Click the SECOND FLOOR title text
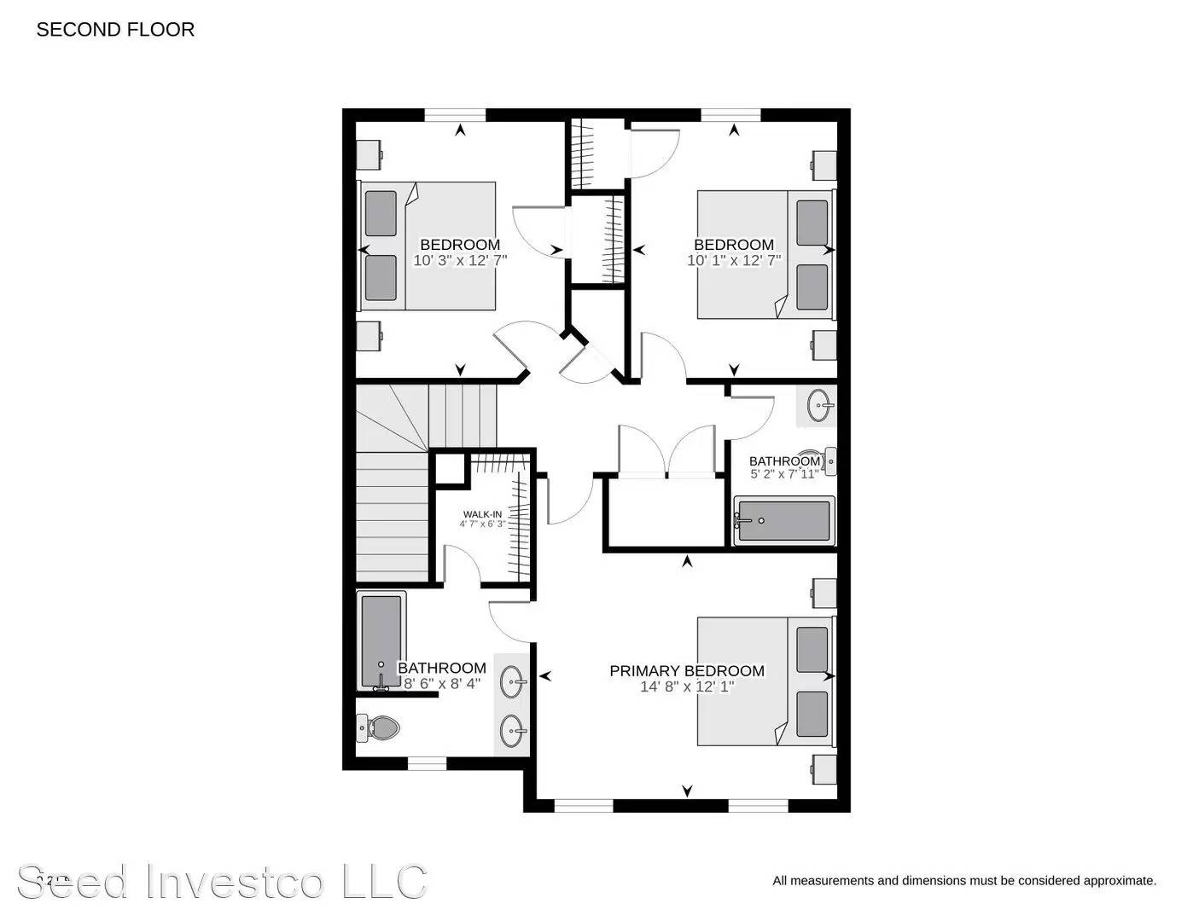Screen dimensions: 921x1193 [x=115, y=30]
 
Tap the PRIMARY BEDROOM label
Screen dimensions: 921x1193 [x=686, y=671]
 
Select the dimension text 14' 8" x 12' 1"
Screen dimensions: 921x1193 [x=686, y=686]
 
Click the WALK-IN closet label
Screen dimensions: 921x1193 [x=482, y=514]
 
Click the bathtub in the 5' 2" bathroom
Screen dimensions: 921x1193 [x=783, y=520]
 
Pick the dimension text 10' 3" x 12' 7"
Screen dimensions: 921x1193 [x=460, y=260]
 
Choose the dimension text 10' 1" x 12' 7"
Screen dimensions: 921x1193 [x=734, y=260]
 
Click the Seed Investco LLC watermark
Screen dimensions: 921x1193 [x=222, y=882]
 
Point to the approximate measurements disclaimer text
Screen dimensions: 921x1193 [x=964, y=881]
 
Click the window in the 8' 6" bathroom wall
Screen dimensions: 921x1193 [x=427, y=763]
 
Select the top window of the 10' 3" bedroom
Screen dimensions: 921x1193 [x=455, y=115]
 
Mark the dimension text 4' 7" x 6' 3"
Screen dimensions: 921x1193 [x=482, y=524]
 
